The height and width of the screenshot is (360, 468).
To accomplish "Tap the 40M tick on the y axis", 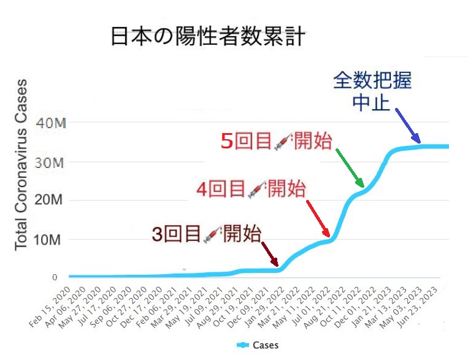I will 52,123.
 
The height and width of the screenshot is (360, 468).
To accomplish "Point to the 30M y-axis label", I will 52,163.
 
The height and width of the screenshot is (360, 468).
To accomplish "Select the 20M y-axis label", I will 52,201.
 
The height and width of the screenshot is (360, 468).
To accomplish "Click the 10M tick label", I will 52,239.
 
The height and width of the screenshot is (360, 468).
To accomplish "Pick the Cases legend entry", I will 258,345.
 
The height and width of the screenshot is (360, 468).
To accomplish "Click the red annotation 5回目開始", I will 276,141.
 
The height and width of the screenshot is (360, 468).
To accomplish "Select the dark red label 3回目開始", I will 206,234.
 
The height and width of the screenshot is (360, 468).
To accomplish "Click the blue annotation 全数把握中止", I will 372,91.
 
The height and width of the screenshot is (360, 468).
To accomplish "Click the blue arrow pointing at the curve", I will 407,126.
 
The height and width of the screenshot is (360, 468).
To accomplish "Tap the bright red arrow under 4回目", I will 320,218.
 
